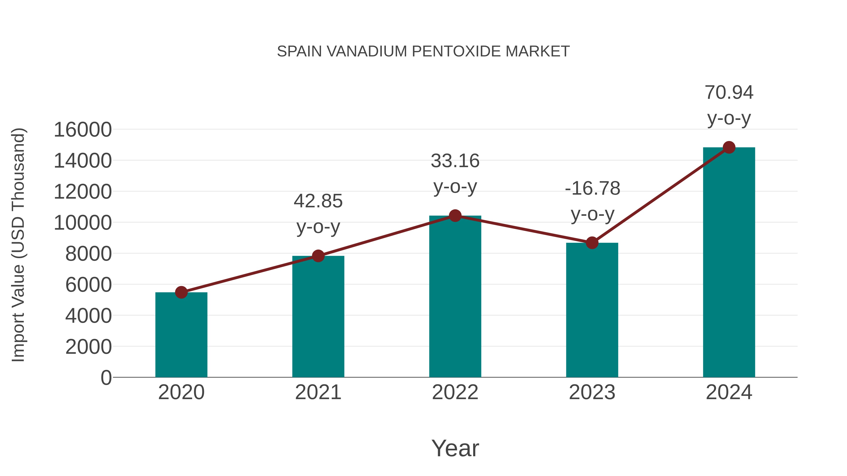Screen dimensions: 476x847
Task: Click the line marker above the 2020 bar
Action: click(181, 292)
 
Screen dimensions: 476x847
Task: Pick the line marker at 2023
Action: click(592, 243)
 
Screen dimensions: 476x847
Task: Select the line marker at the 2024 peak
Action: click(729, 147)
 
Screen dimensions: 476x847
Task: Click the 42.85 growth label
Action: click(318, 201)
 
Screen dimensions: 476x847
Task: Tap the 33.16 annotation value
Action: click(455, 161)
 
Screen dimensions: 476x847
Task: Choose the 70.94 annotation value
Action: click(729, 92)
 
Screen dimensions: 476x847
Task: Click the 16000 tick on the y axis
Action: click(83, 130)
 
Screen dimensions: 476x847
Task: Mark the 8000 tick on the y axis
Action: click(88, 254)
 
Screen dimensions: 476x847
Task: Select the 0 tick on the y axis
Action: click(106, 378)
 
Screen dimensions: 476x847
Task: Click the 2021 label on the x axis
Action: click(318, 392)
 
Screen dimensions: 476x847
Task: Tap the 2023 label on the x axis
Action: click(592, 392)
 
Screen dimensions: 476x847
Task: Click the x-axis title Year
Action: click(455, 448)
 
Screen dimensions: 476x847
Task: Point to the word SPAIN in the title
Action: click(299, 51)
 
